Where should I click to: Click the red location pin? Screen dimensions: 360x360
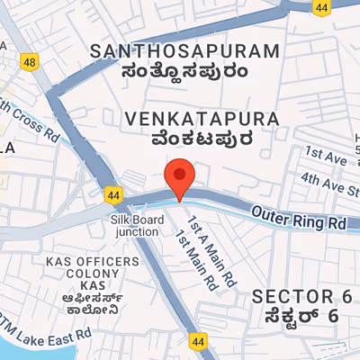pyautogui.click(x=180, y=177)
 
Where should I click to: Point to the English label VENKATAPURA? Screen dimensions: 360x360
pyautogui.click(x=188, y=118)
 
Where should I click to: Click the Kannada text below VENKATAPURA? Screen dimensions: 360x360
pyautogui.click(x=188, y=139)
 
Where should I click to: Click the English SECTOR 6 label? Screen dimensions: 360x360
pyautogui.click(x=301, y=296)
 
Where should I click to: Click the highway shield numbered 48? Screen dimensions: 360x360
pyautogui.click(x=31, y=61)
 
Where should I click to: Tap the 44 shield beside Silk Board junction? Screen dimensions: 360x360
pyautogui.click(x=112, y=193)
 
